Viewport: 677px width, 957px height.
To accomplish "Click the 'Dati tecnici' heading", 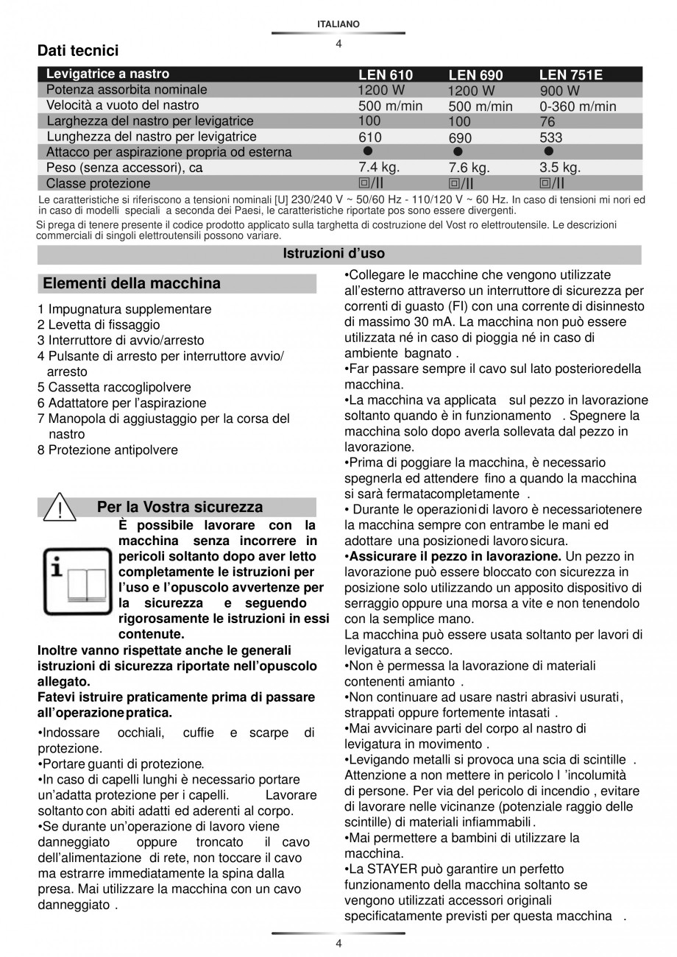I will click(x=78, y=51).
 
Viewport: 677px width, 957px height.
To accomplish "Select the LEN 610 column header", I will click(x=385, y=75).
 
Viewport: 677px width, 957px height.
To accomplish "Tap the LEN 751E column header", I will click(x=571, y=75).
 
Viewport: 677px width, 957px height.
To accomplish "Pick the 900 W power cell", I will click(x=559, y=91).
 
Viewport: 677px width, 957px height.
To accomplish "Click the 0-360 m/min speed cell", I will click(x=578, y=107).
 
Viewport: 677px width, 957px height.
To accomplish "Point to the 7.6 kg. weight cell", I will click(x=469, y=168).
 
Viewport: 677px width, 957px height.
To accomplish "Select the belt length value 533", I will click(x=550, y=138).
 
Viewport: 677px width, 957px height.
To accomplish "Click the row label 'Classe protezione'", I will click(x=98, y=183).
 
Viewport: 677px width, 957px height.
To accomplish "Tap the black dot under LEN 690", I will click(x=458, y=152).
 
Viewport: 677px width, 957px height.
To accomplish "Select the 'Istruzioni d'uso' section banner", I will click(x=333, y=254).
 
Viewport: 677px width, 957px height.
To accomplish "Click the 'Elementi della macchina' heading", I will click(x=132, y=283).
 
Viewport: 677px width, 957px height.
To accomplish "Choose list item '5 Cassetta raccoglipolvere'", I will click(x=114, y=387).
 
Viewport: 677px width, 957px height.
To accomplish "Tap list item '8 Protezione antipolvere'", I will click(x=107, y=449).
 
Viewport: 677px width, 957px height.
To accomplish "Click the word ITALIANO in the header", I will click(x=338, y=24).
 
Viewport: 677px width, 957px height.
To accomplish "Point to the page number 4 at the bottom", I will click(x=338, y=944).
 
